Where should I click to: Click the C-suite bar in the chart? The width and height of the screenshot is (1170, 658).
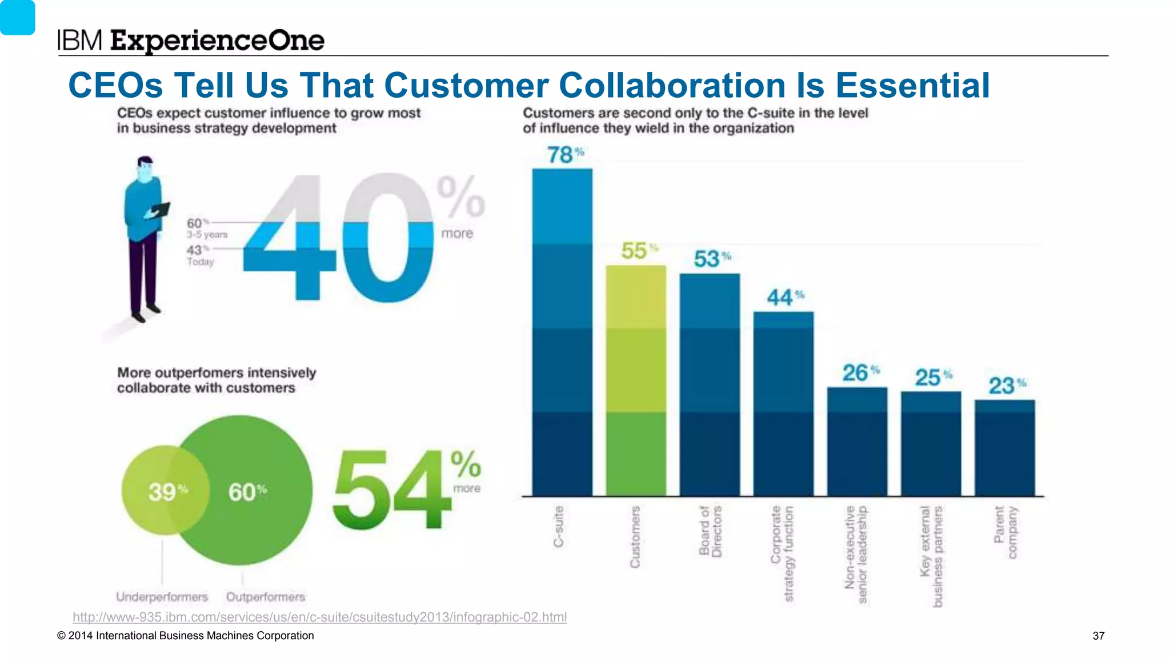tap(562, 331)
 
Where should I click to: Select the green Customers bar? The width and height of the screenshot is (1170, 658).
tap(636, 380)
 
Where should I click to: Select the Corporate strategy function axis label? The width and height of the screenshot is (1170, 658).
tap(782, 553)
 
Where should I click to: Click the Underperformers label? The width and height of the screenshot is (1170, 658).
tap(162, 597)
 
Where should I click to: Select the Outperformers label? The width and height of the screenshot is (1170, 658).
tap(266, 597)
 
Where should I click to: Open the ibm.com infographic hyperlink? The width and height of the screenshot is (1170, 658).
tap(319, 617)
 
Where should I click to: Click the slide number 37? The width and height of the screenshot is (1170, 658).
tap(1098, 636)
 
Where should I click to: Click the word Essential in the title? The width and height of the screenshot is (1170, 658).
tap(912, 86)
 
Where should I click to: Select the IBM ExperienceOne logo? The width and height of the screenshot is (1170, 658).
tap(191, 41)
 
